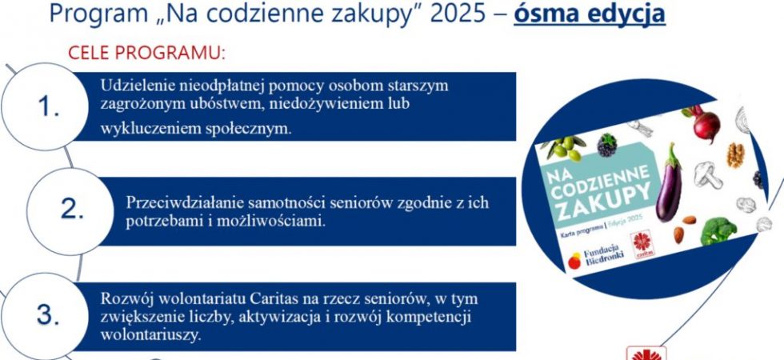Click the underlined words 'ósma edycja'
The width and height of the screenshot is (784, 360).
click(590, 14)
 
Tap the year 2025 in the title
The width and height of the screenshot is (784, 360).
click(457, 14)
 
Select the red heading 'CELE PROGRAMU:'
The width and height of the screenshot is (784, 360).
click(146, 53)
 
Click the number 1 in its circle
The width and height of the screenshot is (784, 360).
click(49, 106)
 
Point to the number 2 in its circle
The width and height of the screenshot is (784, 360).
click(72, 210)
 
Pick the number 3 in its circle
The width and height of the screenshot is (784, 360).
click(48, 315)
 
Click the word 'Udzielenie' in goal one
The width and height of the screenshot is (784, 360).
click(130, 86)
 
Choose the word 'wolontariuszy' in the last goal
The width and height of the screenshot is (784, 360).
click(150, 335)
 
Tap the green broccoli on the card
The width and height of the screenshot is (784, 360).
click(718, 230)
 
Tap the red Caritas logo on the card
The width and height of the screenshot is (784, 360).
click(642, 244)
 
